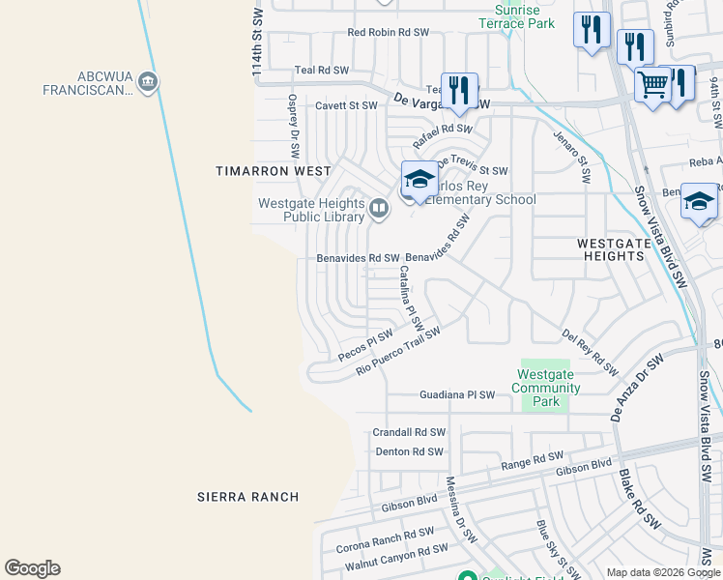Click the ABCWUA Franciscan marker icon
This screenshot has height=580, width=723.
pos(148,81)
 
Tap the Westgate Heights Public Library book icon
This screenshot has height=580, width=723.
pos(379,207)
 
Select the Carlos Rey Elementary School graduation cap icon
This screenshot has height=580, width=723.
pos(419,179)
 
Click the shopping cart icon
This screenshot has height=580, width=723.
pos(652,85)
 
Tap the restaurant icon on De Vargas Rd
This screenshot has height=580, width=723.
pos(458,91)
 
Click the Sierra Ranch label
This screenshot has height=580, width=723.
pos(247,497)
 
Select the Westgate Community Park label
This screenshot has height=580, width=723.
pos(548,388)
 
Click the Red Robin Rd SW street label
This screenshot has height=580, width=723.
pos(388,32)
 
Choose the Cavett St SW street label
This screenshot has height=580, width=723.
pos(346,104)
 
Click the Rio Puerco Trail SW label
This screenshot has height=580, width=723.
pos(397,351)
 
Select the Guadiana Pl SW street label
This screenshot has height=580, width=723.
pos(457,395)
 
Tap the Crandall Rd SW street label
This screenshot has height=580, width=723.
pos(409,432)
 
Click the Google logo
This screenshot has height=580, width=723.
pos(32,568)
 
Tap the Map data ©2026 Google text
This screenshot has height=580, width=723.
pos(652,572)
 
